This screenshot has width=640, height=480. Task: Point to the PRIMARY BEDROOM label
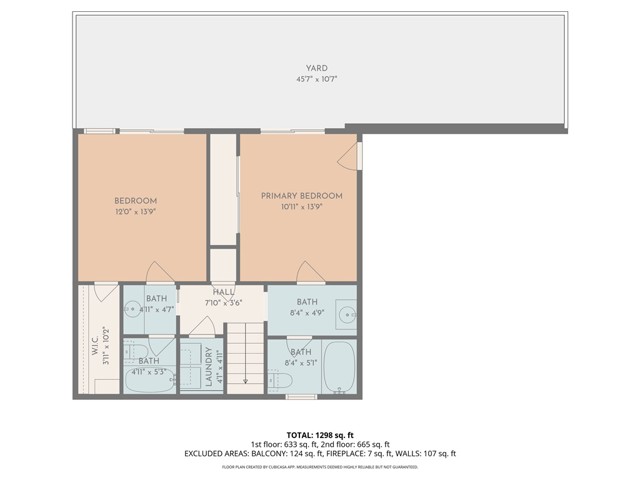point(302,196)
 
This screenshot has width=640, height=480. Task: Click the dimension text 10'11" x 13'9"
point(302,207)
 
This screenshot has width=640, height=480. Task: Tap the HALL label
point(223,291)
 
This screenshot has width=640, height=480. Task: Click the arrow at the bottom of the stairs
point(245,378)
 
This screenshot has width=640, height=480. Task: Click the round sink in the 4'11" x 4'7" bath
point(130,311)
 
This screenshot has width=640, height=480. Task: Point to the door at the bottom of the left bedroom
point(159,273)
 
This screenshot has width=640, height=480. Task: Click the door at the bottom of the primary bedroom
point(309,273)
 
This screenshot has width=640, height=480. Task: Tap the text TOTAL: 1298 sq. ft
point(319,435)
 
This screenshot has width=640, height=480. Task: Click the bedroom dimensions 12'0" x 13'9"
point(134,212)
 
